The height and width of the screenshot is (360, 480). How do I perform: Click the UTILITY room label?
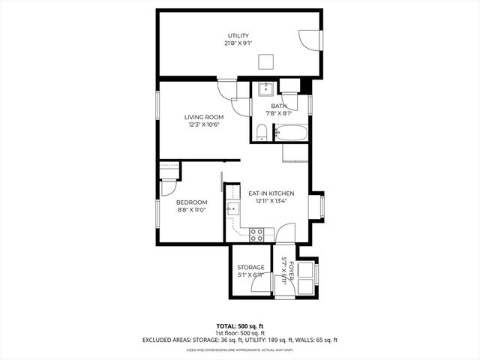coord(238,36)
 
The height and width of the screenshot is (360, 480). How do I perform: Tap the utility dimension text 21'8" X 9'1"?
coord(238,44)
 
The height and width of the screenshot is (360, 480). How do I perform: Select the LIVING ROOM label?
coord(205,117)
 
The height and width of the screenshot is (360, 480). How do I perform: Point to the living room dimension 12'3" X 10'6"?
coord(205,125)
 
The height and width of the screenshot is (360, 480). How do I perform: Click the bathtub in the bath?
coord(291,133)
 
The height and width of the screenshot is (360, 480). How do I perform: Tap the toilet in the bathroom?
coord(261,133)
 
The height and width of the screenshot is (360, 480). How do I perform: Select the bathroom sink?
coord(264,90)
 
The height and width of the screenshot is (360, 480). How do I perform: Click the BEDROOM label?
coord(191,202)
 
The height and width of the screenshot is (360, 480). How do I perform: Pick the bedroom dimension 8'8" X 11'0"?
coord(191,211)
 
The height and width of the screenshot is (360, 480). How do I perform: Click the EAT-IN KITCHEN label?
coord(271,193)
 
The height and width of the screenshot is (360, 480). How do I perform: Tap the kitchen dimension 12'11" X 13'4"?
coord(271,202)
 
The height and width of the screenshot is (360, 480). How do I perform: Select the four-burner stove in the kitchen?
coord(256,233)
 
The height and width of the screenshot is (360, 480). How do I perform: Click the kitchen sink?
coord(233,208)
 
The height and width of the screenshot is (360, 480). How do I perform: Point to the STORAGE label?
coord(250,268)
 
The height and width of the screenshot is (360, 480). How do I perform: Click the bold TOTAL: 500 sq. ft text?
coord(239,327)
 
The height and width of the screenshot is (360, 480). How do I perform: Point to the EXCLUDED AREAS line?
coord(239,340)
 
